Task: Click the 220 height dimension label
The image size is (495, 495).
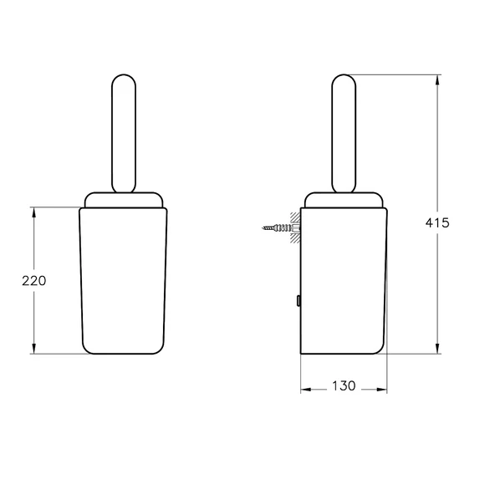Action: click(33, 281)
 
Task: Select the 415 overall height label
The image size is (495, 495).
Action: click(437, 223)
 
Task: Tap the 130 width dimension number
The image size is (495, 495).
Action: click(344, 386)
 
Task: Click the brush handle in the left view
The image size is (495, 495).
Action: click(124, 134)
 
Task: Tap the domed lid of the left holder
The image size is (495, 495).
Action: click(124, 200)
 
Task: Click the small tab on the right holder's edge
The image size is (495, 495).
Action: click(299, 301)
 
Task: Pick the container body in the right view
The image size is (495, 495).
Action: click(344, 280)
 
